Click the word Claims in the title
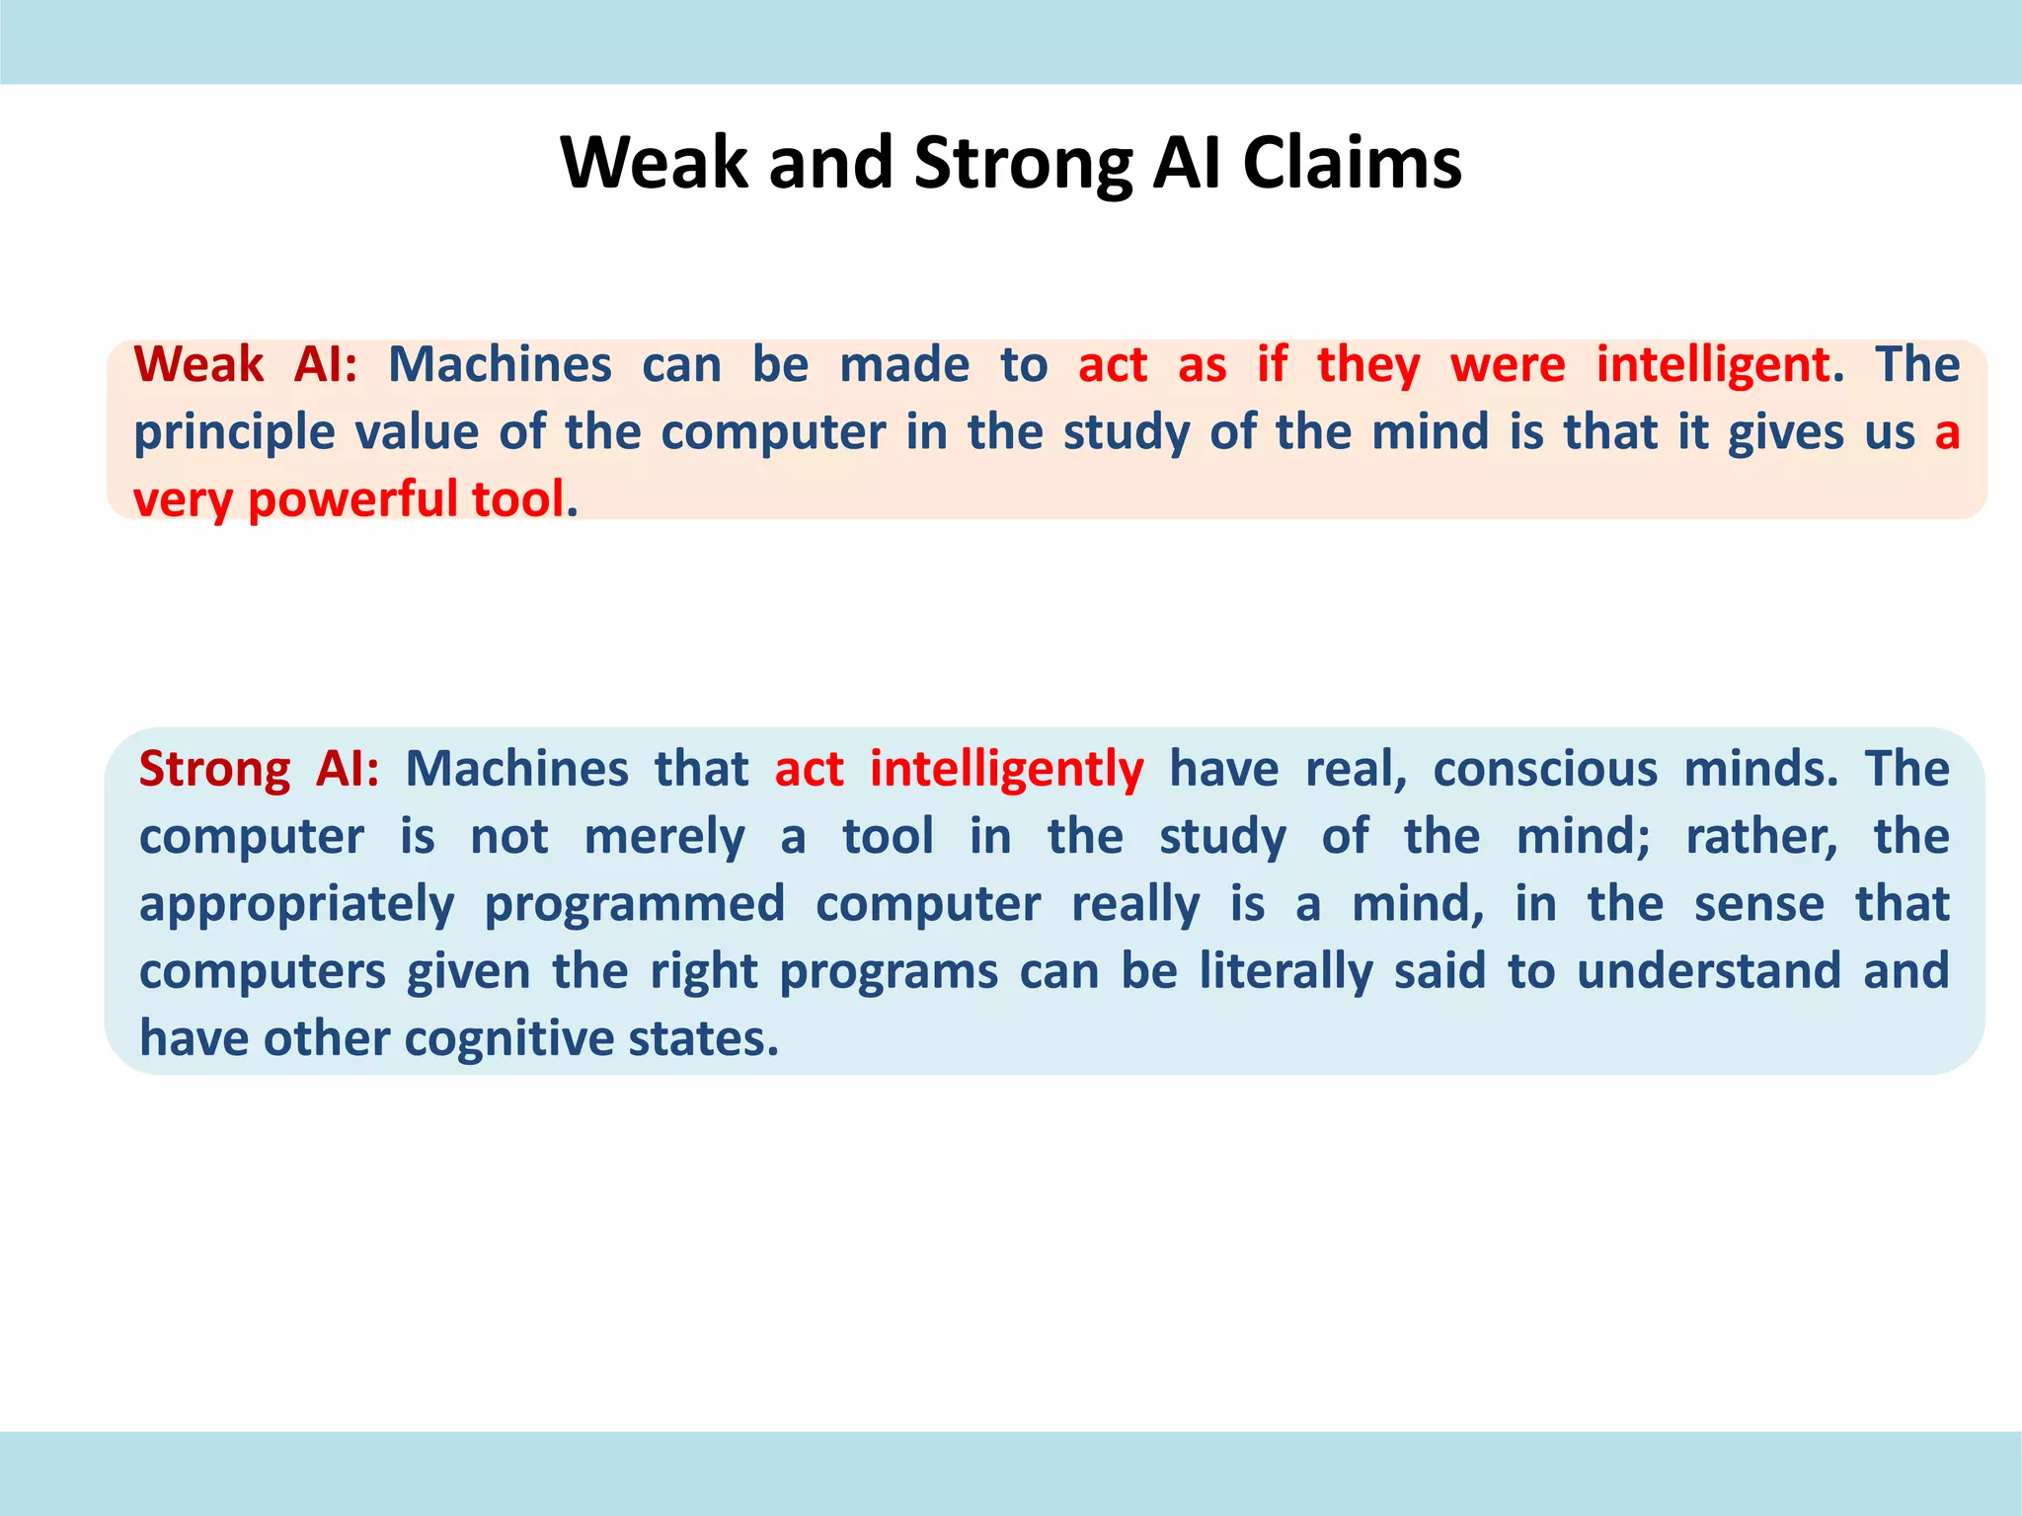1352,163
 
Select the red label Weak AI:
246,364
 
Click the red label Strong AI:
259,769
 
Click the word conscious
1544,769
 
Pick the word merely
664,837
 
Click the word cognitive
509,1039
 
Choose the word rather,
1761,837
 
